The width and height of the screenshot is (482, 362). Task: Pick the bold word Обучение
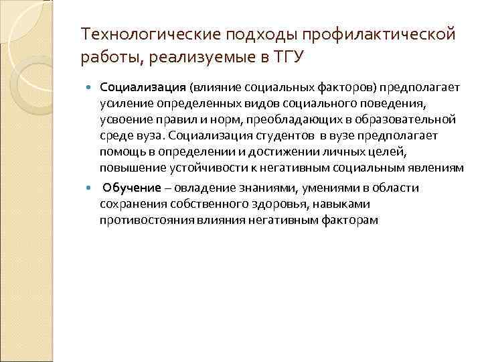pyautogui.click(x=133, y=188)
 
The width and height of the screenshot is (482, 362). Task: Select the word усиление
pyautogui.click(x=123, y=104)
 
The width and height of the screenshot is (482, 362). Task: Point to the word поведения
pyautogui.click(x=396, y=104)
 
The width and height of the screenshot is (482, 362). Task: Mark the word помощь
pyautogui.click(x=122, y=151)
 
